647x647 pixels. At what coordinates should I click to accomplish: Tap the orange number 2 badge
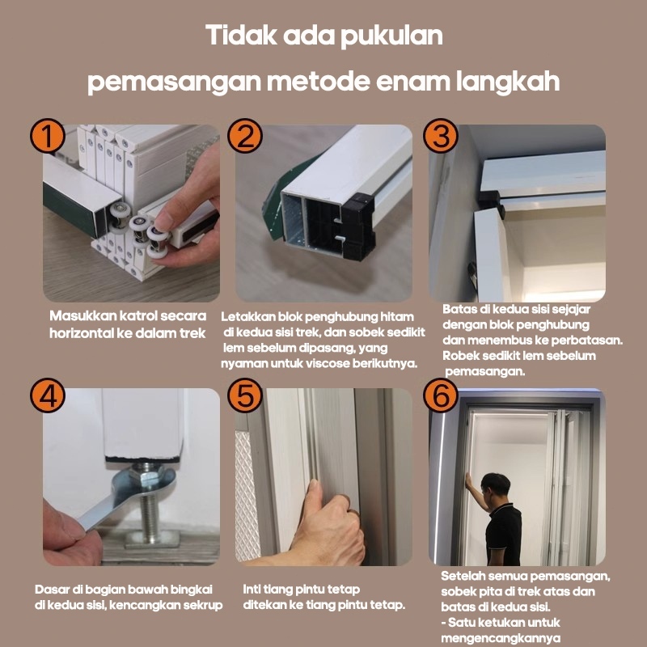click(x=244, y=137)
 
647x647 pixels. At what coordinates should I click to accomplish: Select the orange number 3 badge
click(x=442, y=137)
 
